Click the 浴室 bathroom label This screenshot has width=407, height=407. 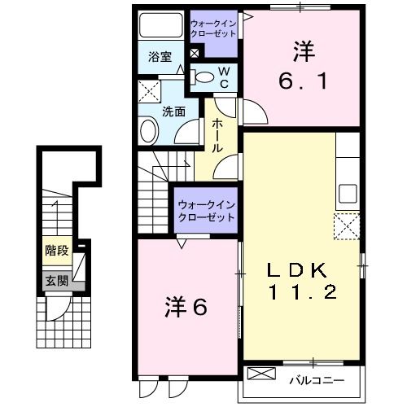160,57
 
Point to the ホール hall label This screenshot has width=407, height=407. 219,136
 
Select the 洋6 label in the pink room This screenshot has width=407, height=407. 186,308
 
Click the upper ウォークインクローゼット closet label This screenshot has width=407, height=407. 213,28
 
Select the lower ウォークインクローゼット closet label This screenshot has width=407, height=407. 205,212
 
